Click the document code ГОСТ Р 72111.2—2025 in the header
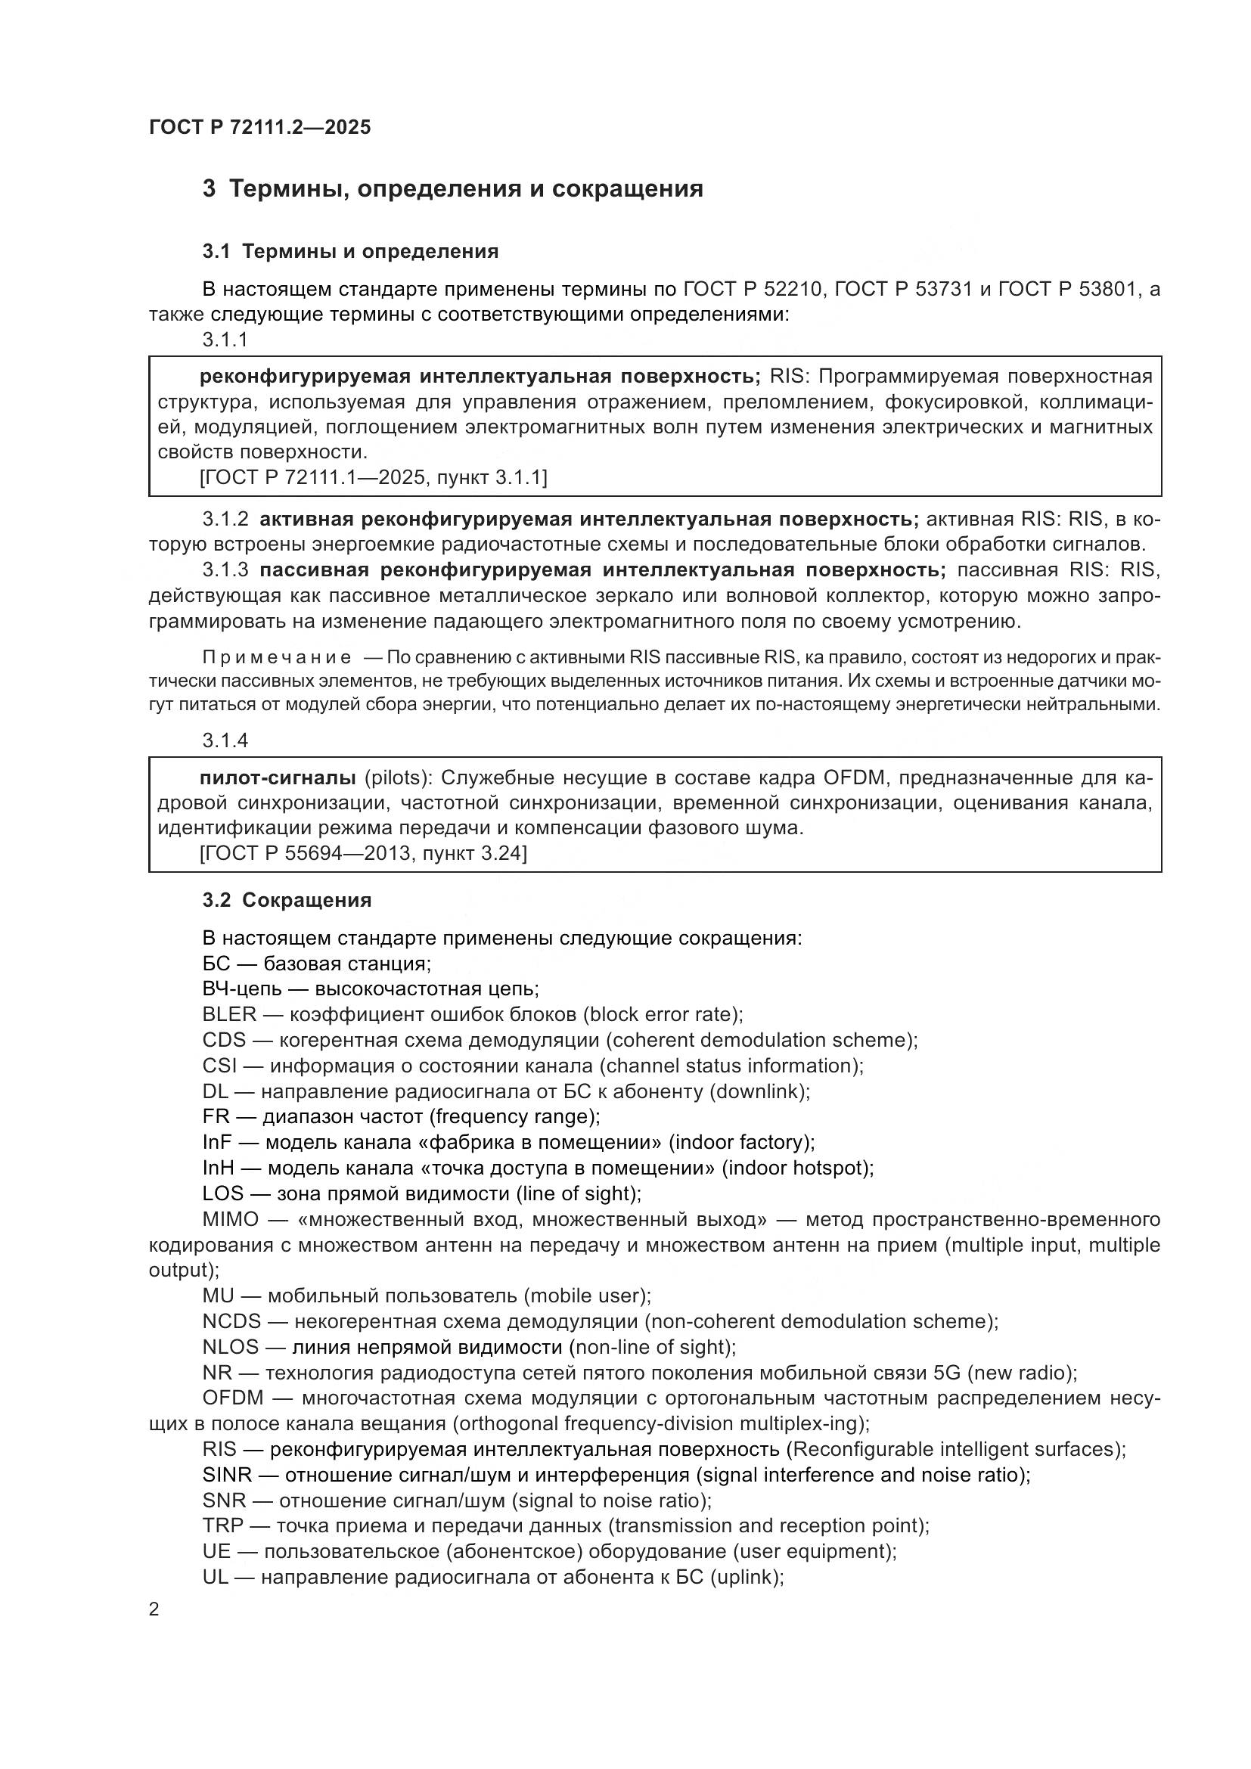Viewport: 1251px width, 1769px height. (x=259, y=127)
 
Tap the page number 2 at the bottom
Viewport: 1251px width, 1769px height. (x=154, y=1609)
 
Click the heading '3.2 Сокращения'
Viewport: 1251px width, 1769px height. (x=287, y=900)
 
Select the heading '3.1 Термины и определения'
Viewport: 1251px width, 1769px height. (x=350, y=251)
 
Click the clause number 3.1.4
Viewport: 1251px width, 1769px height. (x=225, y=740)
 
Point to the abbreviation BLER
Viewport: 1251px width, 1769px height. (x=228, y=1015)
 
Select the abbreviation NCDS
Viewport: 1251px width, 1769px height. (x=232, y=1321)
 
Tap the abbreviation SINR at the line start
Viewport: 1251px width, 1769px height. (x=226, y=1475)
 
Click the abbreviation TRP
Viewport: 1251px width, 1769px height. (x=222, y=1525)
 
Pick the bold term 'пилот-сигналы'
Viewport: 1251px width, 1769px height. (x=278, y=777)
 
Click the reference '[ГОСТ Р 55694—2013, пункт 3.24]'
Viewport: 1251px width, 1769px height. (x=363, y=853)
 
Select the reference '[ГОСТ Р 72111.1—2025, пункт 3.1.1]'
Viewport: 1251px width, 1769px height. (x=373, y=478)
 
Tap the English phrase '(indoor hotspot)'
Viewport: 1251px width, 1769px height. (x=797, y=1168)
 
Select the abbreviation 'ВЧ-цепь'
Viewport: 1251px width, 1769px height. (x=241, y=989)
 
